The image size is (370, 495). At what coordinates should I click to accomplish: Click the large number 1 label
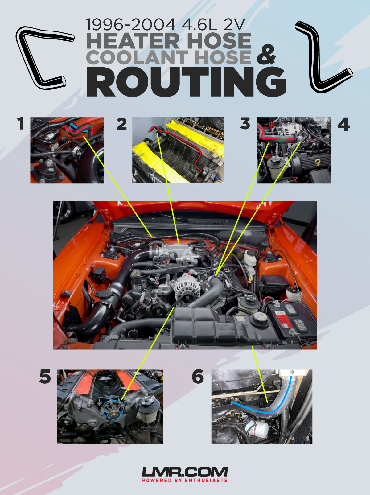tap(21, 124)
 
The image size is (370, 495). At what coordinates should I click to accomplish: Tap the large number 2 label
tap(121, 124)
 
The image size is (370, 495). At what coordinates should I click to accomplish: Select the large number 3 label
tap(245, 124)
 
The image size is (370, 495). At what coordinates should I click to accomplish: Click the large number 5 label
tap(45, 377)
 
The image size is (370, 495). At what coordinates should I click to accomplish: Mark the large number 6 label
tap(198, 377)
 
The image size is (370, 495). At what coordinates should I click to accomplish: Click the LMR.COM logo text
tap(185, 472)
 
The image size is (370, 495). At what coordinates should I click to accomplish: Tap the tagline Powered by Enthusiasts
tap(185, 481)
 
